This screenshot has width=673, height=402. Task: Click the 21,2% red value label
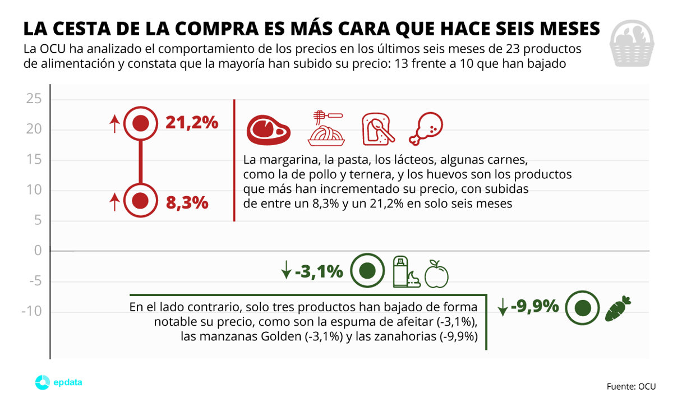pos(192,123)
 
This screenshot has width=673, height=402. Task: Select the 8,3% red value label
pos(187,202)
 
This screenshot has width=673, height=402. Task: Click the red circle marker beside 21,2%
pos(140,123)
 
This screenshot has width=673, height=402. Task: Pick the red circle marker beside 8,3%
pos(140,200)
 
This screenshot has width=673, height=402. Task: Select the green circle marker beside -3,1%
pos(367,271)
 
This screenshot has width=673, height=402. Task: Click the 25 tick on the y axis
pos(34,100)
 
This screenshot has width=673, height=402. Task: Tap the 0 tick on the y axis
pos(38,251)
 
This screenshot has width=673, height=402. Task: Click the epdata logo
pos(59,383)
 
